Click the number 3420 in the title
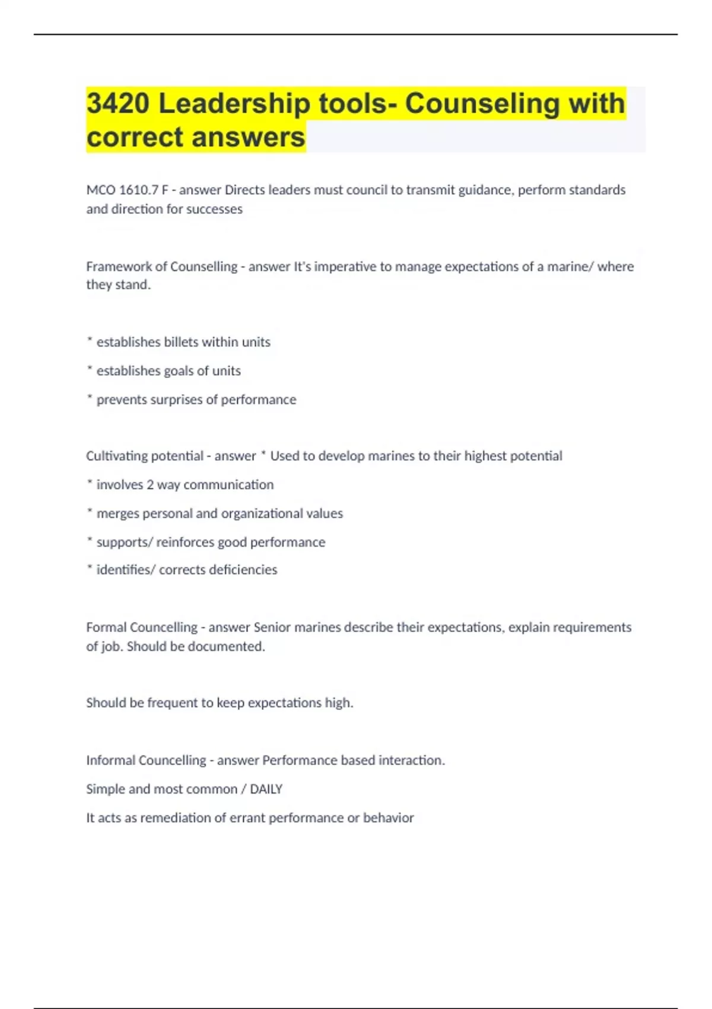click(118, 103)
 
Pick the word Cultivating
click(115, 456)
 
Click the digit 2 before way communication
click(150, 485)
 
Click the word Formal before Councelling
click(106, 627)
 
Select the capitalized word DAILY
click(266, 789)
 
